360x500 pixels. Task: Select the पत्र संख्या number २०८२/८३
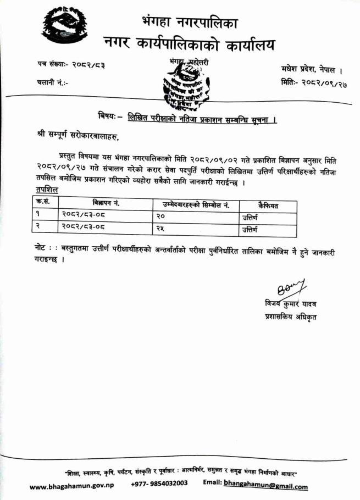(x=88, y=65)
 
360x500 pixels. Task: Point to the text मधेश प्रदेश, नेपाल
(x=312, y=69)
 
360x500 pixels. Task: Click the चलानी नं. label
(x=51, y=82)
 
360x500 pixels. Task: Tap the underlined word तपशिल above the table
(x=46, y=190)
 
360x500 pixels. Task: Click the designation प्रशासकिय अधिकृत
(x=290, y=317)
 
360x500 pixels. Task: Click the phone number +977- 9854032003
(x=159, y=484)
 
